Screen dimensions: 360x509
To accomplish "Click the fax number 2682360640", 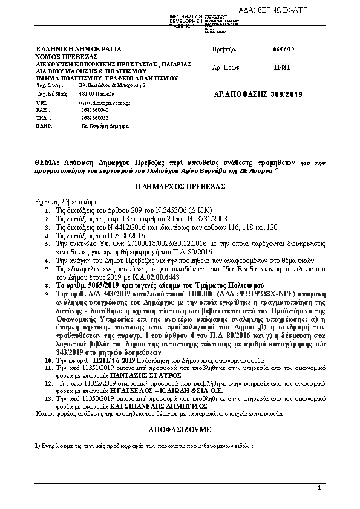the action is (x=89, y=111).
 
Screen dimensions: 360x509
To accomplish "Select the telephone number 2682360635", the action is (x=89, y=119).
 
